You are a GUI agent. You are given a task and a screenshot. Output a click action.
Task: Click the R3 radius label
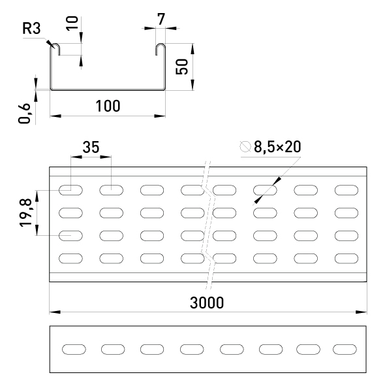[x=31, y=28]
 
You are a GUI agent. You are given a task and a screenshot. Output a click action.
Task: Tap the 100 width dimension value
[x=108, y=106]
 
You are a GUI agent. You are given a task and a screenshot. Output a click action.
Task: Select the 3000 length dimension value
[x=207, y=302]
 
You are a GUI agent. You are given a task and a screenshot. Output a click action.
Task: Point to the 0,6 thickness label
[x=24, y=114]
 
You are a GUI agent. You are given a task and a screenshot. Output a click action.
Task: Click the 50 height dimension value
[x=182, y=67]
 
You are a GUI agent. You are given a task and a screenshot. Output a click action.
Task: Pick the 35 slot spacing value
[x=91, y=147]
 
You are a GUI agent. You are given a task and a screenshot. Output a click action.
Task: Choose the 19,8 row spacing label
[x=25, y=213]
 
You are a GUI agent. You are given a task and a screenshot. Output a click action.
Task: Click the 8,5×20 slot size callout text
[x=277, y=147]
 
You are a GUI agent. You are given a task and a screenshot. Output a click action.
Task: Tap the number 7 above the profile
[x=161, y=19]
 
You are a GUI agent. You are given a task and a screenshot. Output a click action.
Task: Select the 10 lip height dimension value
[x=72, y=23]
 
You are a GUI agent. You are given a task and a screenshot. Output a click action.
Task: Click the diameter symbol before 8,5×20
[x=245, y=146]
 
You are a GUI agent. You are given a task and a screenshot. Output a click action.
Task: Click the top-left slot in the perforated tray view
[x=70, y=190]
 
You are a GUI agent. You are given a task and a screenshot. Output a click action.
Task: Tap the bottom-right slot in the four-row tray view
[x=346, y=259]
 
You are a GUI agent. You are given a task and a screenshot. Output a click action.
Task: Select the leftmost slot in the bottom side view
[x=74, y=350]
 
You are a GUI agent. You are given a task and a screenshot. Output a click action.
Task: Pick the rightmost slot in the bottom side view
[x=345, y=350]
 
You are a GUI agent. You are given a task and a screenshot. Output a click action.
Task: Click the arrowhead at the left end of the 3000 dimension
[x=55, y=312]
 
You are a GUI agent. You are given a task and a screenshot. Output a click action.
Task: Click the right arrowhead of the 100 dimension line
[x=160, y=116]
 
